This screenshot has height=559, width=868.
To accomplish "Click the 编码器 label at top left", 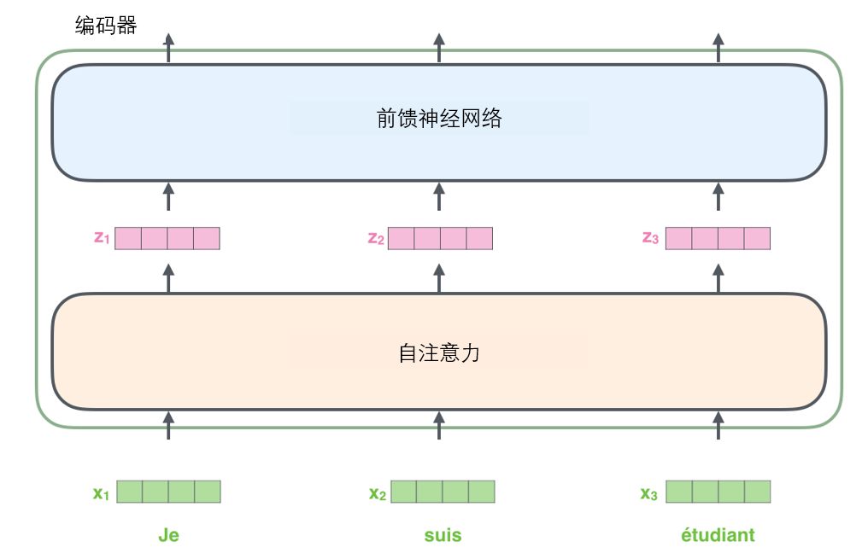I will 106,26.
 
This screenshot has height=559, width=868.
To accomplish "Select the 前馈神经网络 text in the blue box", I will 438,118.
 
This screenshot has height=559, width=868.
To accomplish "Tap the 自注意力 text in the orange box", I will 438,352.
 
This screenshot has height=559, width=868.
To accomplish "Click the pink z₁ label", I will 103,238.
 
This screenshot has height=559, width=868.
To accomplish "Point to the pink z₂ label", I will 376,238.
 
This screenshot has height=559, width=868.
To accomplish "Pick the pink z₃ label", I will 650,238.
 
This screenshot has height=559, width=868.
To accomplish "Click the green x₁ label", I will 102,492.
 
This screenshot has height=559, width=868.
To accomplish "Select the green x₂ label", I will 378,492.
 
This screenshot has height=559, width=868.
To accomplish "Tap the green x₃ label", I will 649,492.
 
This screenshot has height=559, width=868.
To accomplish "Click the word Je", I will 168,535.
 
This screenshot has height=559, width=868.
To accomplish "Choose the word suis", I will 443,535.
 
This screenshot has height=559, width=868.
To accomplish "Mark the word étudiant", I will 718,535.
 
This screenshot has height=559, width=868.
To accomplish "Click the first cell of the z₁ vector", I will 128,238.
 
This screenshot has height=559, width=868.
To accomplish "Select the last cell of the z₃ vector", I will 757,238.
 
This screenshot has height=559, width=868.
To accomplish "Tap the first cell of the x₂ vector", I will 403,492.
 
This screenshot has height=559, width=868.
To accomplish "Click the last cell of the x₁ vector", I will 208,492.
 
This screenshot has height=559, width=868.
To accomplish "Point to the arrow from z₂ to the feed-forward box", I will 439,196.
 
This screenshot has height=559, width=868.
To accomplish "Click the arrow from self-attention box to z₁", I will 168,278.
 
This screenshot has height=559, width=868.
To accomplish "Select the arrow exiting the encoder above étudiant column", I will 718,47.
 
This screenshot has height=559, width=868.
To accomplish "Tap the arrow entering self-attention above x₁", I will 168,424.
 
